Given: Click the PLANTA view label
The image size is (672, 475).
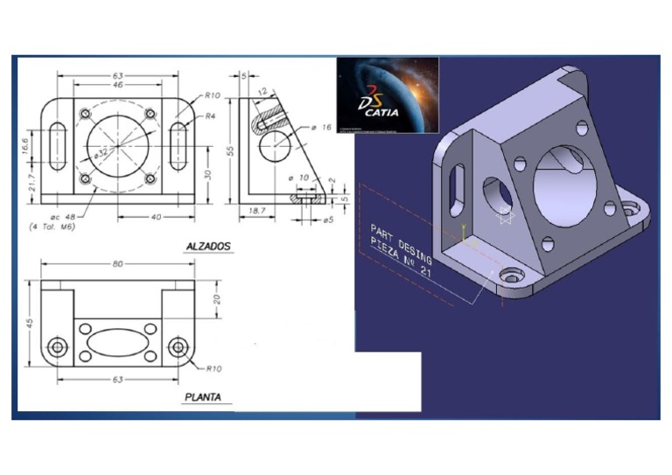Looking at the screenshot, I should pos(202,397).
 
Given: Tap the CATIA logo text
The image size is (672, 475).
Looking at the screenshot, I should pos(382,111).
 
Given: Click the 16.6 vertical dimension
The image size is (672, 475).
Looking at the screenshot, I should pos(26,143).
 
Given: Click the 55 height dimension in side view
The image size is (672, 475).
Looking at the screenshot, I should pos(230,150).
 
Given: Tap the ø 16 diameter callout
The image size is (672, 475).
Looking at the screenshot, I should pos(322,128).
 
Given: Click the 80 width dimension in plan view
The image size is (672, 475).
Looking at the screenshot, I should pos(117,263).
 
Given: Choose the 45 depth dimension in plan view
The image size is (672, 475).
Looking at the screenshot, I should pos(28,325).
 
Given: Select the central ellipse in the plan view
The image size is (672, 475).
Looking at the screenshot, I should pos(117,343).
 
